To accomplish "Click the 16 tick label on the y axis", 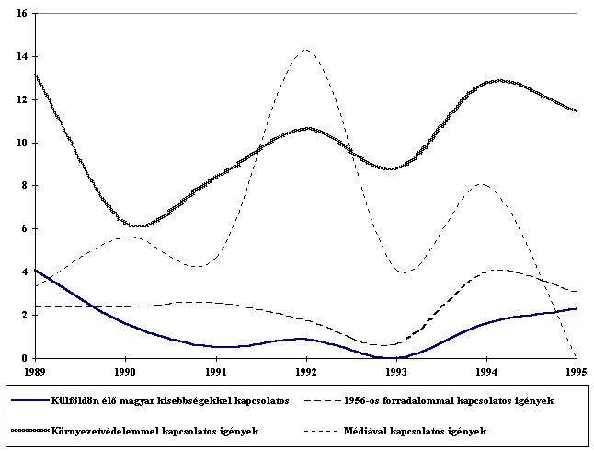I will (x=20, y=14).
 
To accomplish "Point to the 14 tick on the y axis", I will (x=20, y=57).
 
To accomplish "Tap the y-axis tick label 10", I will (x=20, y=143).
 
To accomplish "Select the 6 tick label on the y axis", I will (x=23, y=228).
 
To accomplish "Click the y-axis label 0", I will (x=23, y=357).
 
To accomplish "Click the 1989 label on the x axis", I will (x=34, y=371).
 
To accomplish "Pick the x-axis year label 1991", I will (x=215, y=371).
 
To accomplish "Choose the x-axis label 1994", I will (x=486, y=371).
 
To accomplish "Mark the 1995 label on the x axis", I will (x=576, y=371).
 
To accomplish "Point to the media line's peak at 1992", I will (x=305, y=50).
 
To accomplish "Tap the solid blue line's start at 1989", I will (x=35, y=270).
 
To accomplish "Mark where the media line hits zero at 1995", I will (x=576, y=357).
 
